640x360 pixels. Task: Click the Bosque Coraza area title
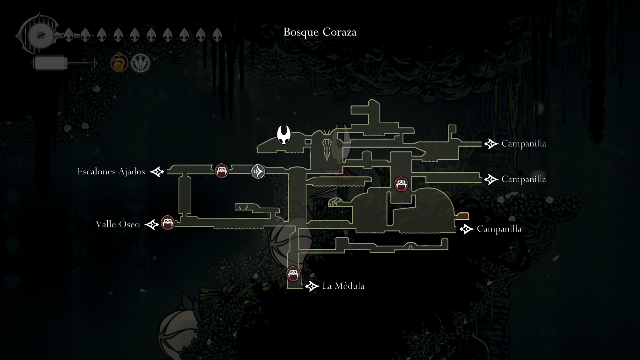click(320, 32)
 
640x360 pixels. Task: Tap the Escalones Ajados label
click(111, 172)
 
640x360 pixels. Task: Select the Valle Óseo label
click(118, 225)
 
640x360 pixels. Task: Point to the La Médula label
click(343, 286)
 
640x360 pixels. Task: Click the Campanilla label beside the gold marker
click(499, 229)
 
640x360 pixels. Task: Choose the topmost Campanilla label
click(523, 144)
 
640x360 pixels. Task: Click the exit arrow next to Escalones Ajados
click(157, 172)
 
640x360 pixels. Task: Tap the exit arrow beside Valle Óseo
click(152, 225)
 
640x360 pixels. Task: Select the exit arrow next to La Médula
click(312, 286)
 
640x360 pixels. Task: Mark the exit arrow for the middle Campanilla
click(491, 179)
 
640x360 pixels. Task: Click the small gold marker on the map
click(462, 216)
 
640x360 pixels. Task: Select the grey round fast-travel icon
click(258, 171)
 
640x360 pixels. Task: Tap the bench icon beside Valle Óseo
click(167, 222)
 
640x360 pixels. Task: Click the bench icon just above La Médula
click(293, 273)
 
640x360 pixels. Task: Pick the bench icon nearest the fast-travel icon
click(222, 171)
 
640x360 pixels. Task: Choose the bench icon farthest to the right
click(401, 183)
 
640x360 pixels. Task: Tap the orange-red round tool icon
click(118, 63)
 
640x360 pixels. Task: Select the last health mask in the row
click(217, 35)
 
